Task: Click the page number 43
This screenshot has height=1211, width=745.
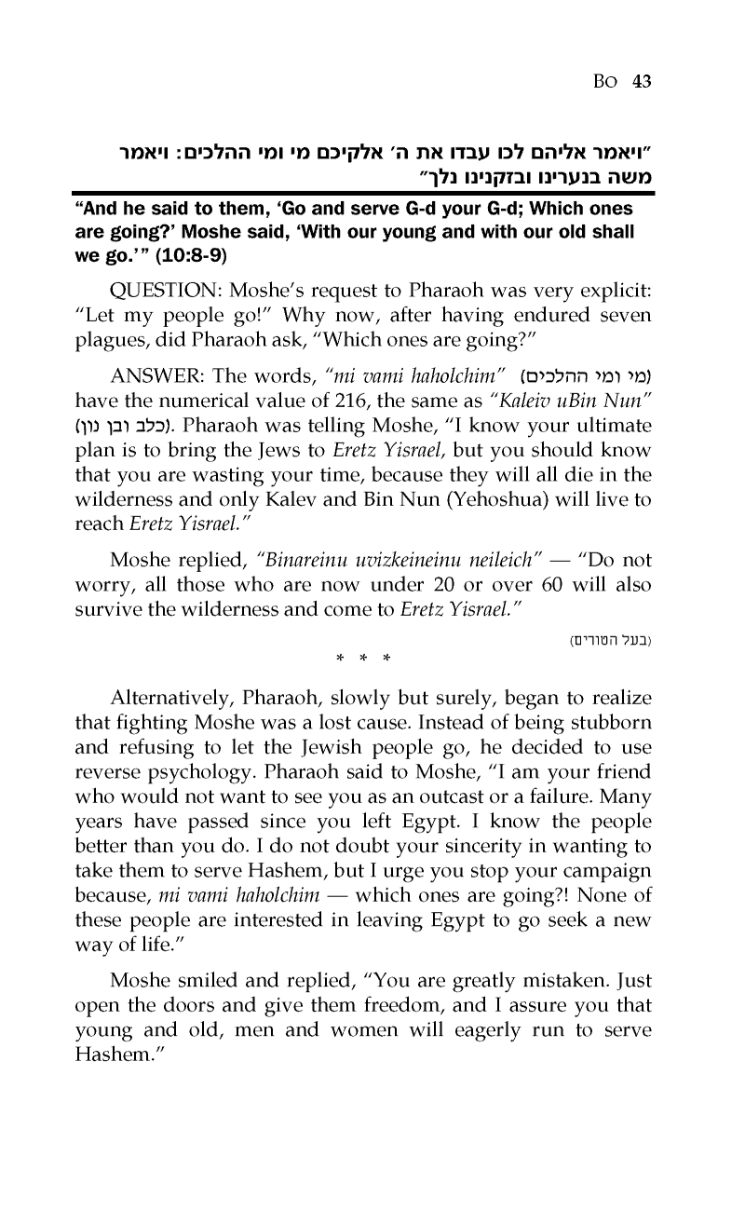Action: pos(640,81)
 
